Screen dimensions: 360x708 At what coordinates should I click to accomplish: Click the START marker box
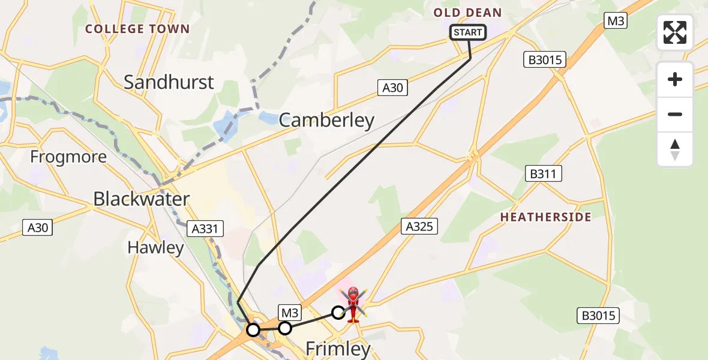coord(468,32)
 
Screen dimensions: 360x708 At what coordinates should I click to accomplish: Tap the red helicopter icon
coord(353,303)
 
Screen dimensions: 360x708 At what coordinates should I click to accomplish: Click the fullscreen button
coord(675,32)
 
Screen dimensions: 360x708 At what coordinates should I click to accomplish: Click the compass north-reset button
coord(675,149)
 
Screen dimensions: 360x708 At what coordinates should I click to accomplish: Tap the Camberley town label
coord(326,120)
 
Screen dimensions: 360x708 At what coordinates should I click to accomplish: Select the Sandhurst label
coord(169,82)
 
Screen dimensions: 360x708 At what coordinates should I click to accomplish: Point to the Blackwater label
coord(142,199)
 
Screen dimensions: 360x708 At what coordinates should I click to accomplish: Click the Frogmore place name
coord(68,157)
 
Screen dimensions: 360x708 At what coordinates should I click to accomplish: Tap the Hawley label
coord(155,247)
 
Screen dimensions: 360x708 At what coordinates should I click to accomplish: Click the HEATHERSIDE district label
coord(545,217)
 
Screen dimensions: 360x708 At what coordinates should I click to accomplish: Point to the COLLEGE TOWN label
coord(137,29)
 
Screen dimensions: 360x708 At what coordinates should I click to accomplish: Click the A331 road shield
coord(205,228)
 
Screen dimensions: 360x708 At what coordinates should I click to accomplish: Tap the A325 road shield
coord(419,226)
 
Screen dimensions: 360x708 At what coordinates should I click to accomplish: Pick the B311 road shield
coord(543,175)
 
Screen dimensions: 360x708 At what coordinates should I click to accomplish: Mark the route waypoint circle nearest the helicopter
coord(338,312)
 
